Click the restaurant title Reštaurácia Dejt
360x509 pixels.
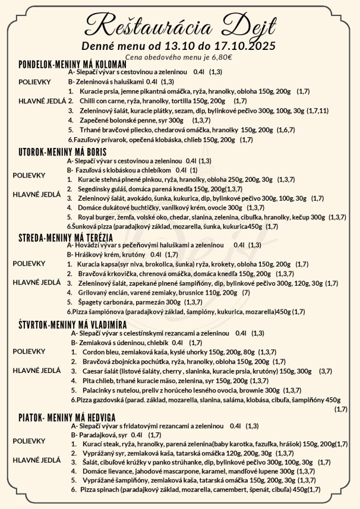point(179,27)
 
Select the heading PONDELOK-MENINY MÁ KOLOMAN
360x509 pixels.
point(72,64)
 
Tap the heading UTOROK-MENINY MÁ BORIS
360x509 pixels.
point(63,152)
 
